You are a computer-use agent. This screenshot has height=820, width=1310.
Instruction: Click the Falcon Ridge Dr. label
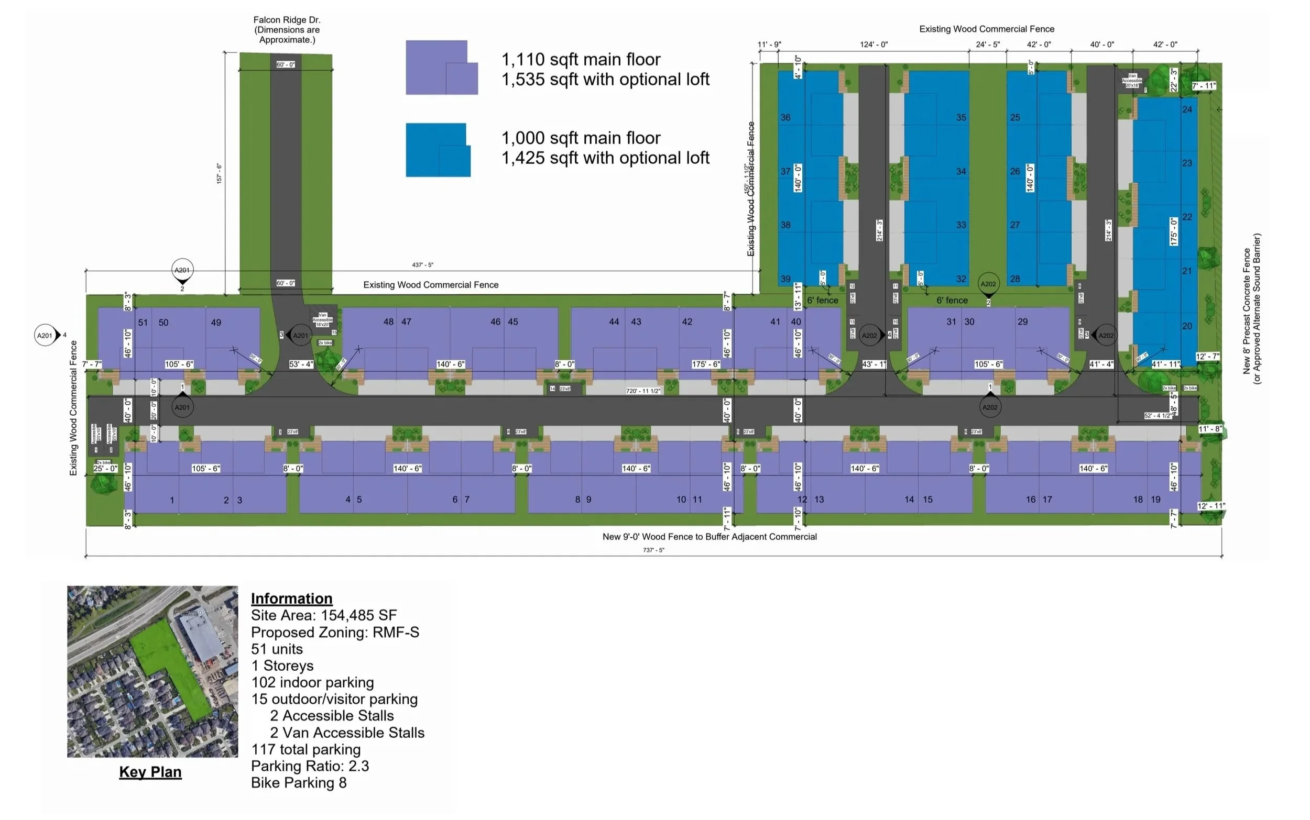coord(287,29)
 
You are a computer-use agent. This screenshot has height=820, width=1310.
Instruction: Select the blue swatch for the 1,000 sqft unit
coord(438,150)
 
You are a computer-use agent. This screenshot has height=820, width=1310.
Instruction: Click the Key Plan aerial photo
coord(152,671)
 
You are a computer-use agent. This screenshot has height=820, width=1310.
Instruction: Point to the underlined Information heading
coord(291,598)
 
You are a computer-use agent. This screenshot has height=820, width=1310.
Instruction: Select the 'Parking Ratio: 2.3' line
coord(310,766)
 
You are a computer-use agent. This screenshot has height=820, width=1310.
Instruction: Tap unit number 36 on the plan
coord(785,117)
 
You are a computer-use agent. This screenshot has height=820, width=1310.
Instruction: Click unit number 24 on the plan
coord(1187,109)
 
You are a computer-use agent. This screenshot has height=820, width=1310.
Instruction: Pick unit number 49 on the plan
coord(216,322)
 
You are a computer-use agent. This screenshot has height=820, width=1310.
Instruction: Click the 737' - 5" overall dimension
coord(653,550)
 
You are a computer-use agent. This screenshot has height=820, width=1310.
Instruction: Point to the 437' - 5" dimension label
coord(422,265)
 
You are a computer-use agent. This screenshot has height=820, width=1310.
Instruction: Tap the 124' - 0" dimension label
coord(874,45)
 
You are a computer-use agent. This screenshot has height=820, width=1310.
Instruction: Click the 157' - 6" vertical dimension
coord(219,173)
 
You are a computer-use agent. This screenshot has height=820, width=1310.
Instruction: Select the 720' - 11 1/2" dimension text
coord(643,391)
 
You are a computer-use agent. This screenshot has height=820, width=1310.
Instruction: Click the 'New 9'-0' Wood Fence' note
coord(709,536)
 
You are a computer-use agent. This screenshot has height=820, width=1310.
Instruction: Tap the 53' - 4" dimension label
coord(301,364)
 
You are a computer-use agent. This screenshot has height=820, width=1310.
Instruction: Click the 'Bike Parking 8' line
coord(299,783)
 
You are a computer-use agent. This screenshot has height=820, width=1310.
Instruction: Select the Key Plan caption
coord(150,772)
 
